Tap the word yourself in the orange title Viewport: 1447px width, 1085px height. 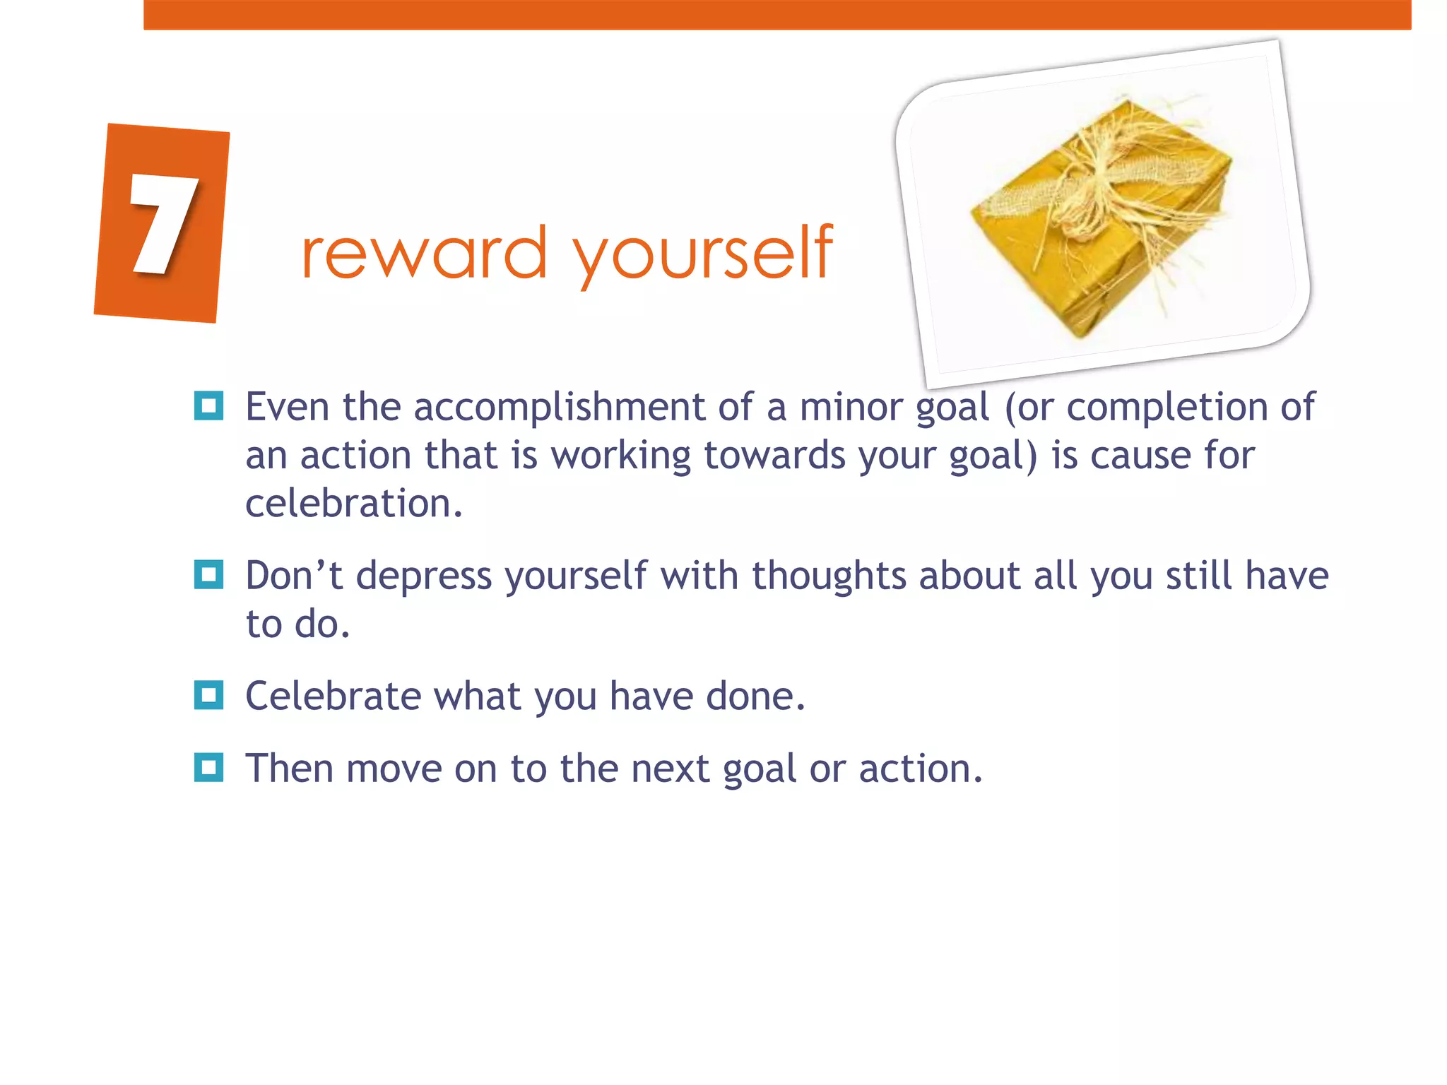point(703,254)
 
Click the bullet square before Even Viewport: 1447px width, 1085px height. point(208,406)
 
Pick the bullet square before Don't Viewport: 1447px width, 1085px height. point(208,574)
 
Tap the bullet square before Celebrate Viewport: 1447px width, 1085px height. point(208,695)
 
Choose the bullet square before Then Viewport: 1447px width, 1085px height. point(208,767)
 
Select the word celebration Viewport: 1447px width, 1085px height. point(353,504)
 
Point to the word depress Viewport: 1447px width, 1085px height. point(423,576)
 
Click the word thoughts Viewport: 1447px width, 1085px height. point(828,576)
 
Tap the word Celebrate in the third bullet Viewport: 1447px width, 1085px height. point(333,696)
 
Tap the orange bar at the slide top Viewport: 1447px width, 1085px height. point(777,14)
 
